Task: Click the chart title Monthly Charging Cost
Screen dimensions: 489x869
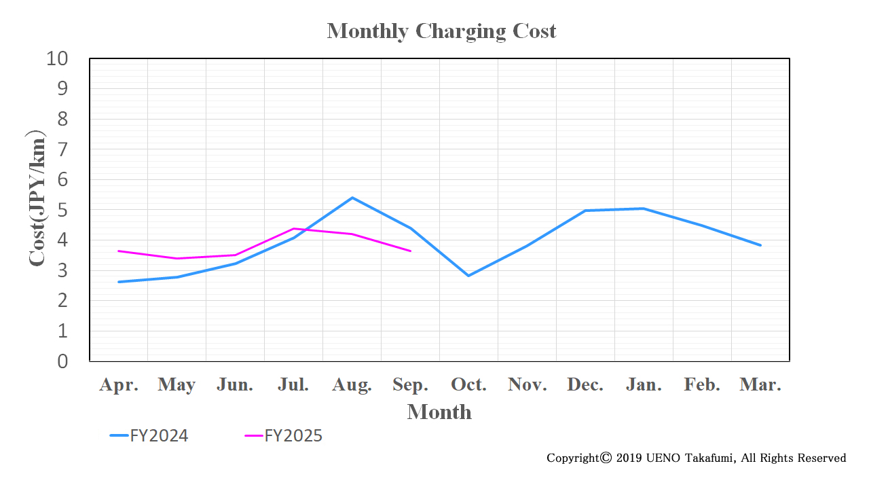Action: (441, 31)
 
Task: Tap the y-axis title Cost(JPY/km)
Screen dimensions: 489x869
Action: (37, 201)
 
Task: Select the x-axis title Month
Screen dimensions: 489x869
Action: (439, 412)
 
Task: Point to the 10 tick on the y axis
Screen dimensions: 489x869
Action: (58, 58)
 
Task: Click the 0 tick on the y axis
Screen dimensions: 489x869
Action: (62, 361)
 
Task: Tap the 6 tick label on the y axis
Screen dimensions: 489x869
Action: (62, 179)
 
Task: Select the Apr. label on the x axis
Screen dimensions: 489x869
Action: (119, 385)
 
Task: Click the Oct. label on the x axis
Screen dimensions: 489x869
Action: (468, 385)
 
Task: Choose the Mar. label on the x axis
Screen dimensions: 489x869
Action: (760, 385)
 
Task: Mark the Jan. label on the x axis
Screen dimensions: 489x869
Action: (644, 385)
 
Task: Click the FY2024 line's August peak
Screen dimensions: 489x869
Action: (352, 198)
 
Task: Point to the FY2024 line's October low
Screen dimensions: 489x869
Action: (468, 276)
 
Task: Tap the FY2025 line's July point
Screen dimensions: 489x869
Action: (293, 229)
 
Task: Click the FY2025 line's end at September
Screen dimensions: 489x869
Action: (410, 251)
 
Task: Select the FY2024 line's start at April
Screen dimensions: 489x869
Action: (119, 282)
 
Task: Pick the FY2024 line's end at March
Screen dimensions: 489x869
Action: (760, 245)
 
